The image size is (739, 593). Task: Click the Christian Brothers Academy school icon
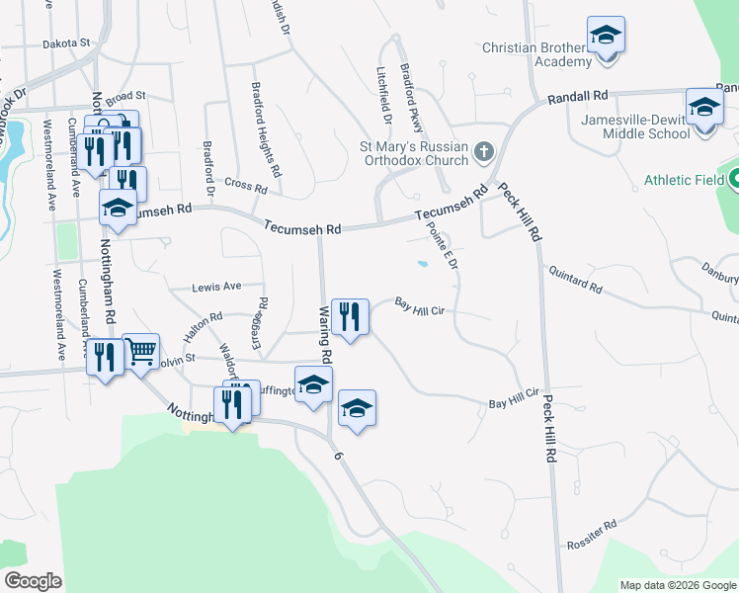coord(606,36)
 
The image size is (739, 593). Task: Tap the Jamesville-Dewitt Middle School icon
coord(704,105)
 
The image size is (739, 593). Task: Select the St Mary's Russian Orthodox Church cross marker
coord(483,151)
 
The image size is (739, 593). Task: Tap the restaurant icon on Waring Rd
coord(350,316)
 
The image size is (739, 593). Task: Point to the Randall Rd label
coord(578,96)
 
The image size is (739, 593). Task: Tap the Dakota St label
coord(65,43)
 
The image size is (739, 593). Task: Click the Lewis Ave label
coord(217,287)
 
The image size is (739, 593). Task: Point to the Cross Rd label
coord(246,185)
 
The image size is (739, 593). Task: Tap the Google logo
coord(33,581)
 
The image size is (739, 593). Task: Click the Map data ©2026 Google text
coord(677,585)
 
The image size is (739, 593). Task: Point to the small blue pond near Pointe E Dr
coord(422,264)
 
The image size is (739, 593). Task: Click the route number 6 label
coord(338,457)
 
